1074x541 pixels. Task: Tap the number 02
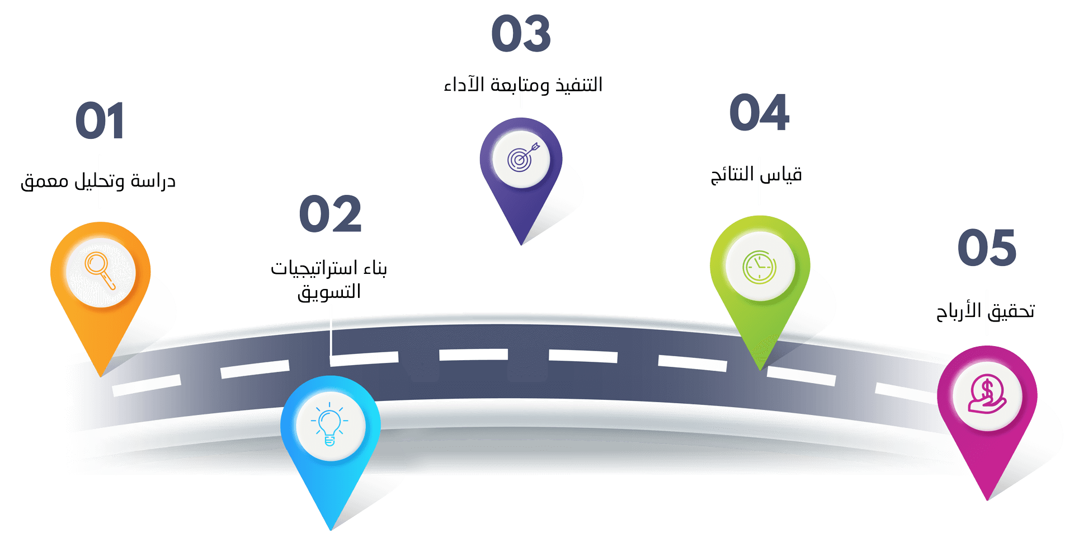[330, 214]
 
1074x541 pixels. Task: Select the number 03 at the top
[521, 34]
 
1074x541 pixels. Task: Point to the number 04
[759, 113]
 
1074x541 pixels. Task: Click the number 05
[987, 248]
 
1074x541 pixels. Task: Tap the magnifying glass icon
[100, 271]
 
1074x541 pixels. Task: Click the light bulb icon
[329, 425]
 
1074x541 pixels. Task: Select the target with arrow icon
[521, 158]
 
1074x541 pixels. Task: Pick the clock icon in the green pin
[759, 266]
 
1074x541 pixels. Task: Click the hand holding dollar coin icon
[987, 394]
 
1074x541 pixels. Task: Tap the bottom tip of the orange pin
[101, 375]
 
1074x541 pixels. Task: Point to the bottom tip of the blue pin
[331, 528]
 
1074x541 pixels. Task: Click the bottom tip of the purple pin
[521, 244]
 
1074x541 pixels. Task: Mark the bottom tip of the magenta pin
[987, 499]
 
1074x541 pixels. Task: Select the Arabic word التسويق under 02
[329, 292]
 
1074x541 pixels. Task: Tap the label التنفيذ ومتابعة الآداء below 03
[523, 85]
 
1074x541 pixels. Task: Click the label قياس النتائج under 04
[756, 175]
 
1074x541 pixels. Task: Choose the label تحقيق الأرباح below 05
[986, 311]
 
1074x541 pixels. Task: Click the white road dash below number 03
[473, 354]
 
